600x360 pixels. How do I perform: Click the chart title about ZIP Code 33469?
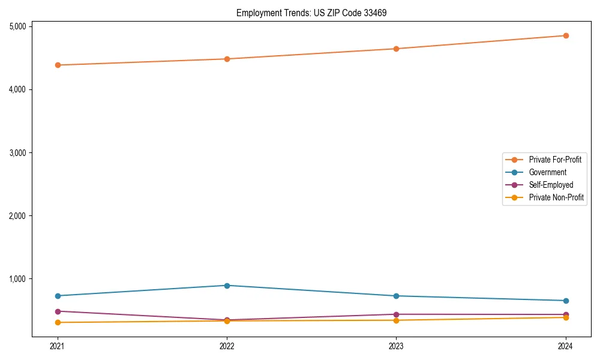point(307,13)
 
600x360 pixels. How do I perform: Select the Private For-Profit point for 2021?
point(58,65)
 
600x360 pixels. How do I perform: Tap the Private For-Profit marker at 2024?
point(565,35)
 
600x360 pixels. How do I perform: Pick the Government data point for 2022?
point(227,286)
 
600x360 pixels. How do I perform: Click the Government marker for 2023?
point(396,296)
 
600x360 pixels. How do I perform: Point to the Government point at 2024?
point(565,301)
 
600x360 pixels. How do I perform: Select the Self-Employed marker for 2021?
point(58,311)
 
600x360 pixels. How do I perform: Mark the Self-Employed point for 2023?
point(396,314)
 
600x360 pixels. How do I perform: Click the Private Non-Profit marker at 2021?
point(58,323)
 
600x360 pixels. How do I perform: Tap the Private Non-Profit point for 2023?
point(396,320)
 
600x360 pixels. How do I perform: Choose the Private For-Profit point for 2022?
point(227,59)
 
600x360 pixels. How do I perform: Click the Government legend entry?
point(547,172)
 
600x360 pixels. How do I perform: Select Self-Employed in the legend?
point(551,185)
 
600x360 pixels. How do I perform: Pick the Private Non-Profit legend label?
point(556,197)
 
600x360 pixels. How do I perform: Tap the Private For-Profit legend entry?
point(555,160)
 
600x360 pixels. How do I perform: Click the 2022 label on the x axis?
point(227,346)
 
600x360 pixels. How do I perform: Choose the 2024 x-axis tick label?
point(565,346)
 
